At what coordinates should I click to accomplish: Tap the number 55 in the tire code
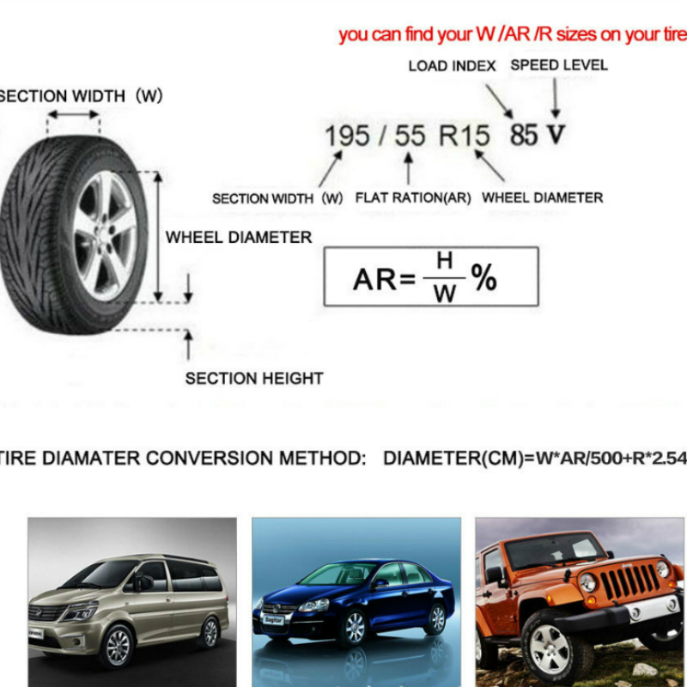[x=410, y=136]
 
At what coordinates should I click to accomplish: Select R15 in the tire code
[x=464, y=136]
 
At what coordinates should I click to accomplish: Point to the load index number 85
[x=523, y=135]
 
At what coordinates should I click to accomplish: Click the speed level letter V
[x=556, y=135]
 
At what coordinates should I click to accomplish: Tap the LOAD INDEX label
[x=452, y=66]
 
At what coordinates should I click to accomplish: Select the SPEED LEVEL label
[x=559, y=65]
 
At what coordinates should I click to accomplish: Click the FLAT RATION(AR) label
[x=413, y=198]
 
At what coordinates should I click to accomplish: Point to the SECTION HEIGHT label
[x=254, y=379]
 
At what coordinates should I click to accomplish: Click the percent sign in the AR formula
[x=483, y=277]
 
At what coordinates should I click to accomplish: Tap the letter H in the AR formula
[x=444, y=261]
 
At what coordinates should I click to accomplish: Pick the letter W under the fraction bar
[x=445, y=294]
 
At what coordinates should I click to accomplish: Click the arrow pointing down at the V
[x=555, y=98]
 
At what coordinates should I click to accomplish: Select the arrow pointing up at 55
[x=409, y=168]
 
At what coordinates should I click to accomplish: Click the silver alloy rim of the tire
[x=104, y=235]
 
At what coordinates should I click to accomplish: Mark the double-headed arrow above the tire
[x=73, y=115]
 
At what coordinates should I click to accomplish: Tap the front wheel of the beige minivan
[x=118, y=647]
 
